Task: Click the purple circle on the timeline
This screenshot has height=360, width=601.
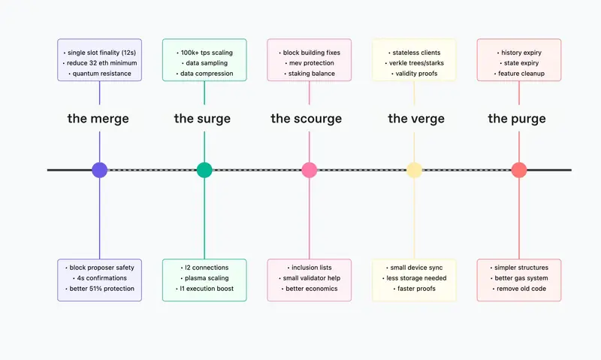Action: pyautogui.click(x=100, y=170)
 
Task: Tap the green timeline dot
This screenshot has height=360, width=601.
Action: pyautogui.click(x=204, y=170)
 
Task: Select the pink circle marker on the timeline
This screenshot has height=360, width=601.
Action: pyautogui.click(x=310, y=170)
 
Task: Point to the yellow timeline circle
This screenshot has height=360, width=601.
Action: pyautogui.click(x=414, y=170)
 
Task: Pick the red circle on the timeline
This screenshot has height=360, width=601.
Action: pyautogui.click(x=519, y=170)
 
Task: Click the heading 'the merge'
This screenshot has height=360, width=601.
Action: pyautogui.click(x=98, y=119)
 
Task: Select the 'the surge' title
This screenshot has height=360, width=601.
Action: pyautogui.click(x=202, y=119)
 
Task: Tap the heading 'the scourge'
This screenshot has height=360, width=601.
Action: pyautogui.click(x=307, y=119)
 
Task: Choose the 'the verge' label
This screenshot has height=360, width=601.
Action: pyautogui.click(x=416, y=119)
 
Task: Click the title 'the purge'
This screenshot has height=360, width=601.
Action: pyautogui.click(x=517, y=119)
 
